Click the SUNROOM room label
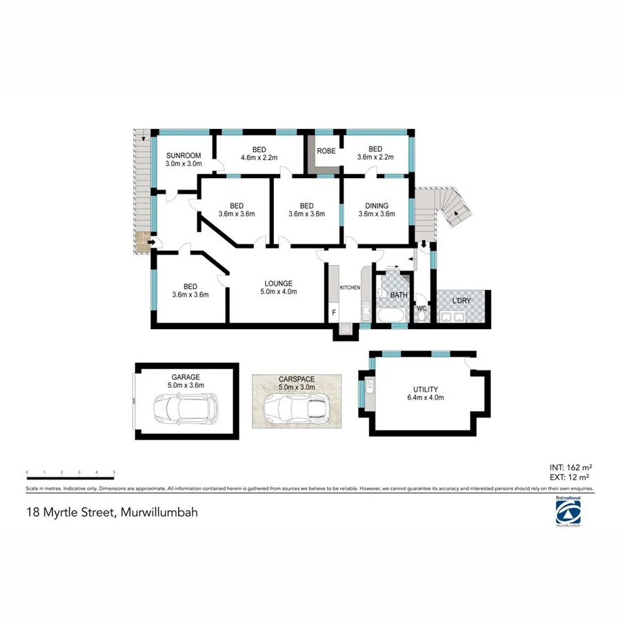coord(183,155)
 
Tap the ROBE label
coord(326,151)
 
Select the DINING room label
coord(377,205)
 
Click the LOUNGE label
coord(279,283)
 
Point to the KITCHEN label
coord(350,287)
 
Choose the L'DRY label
coord(462,301)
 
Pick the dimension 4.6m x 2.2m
coord(259,158)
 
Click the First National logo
coord(568,511)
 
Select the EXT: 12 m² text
coord(570,476)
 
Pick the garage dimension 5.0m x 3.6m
coord(186,386)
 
